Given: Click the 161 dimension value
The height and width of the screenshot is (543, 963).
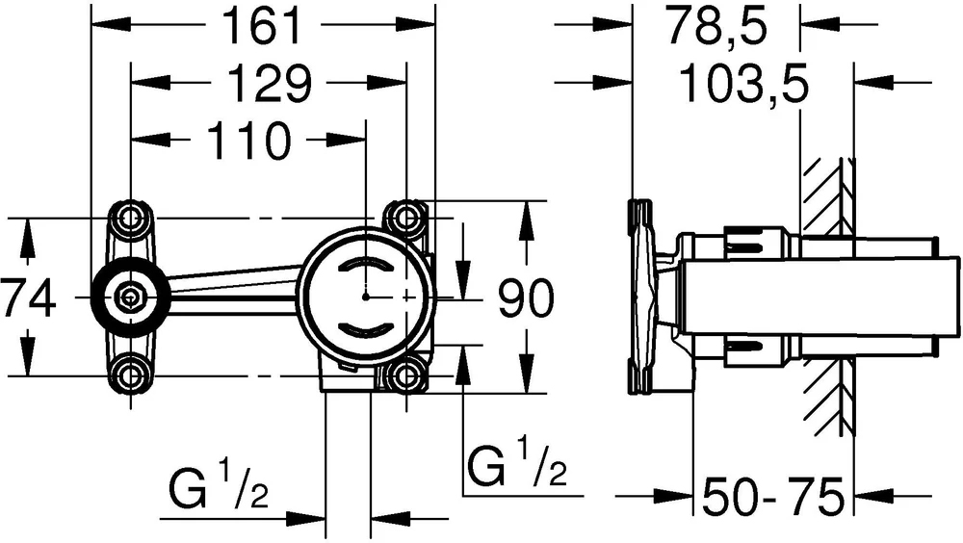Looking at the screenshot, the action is pyautogui.click(x=263, y=26).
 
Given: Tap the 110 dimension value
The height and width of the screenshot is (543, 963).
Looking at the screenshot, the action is pyautogui.click(x=248, y=142).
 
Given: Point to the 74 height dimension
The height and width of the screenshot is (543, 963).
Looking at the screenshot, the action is pyautogui.click(x=28, y=297).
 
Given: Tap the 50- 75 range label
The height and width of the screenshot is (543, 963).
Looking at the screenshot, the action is pyautogui.click(x=773, y=497).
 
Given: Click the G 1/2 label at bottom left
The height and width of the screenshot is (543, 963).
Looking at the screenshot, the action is pyautogui.click(x=219, y=489).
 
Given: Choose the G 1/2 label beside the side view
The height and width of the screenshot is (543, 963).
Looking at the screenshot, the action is pyautogui.click(x=517, y=461).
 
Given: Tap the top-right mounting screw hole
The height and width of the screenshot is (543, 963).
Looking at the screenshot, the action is pyautogui.click(x=405, y=217).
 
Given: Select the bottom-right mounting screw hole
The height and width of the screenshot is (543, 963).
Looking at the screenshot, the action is pyautogui.click(x=405, y=375).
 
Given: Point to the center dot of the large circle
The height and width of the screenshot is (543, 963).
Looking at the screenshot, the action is pyautogui.click(x=366, y=297).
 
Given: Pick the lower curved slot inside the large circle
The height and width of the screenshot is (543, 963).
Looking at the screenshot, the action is pyautogui.click(x=366, y=329).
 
